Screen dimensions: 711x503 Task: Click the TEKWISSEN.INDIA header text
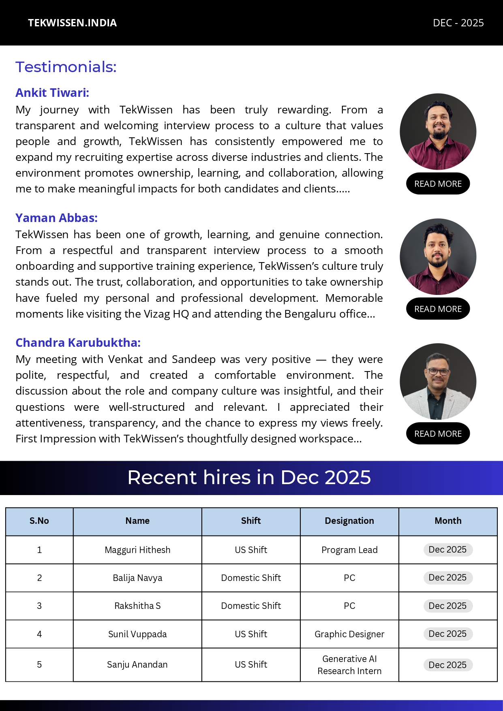pyautogui.click(x=72, y=23)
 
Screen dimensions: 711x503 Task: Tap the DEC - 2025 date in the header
pyautogui.click(x=458, y=23)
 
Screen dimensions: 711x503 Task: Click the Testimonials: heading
pyautogui.click(x=66, y=67)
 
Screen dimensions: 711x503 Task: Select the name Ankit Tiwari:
pyautogui.click(x=52, y=93)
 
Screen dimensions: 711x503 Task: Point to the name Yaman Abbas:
pyautogui.click(x=56, y=218)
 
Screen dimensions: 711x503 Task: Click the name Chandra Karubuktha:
pyautogui.click(x=78, y=343)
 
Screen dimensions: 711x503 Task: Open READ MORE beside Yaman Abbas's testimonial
pyautogui.click(x=438, y=309)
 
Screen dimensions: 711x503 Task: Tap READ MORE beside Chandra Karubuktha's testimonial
pyautogui.click(x=438, y=433)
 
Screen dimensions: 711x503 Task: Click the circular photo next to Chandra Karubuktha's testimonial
pyautogui.click(x=438, y=381)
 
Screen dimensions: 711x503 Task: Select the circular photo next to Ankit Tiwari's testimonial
pyautogui.click(x=438, y=132)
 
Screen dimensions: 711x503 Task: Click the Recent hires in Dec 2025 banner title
pyautogui.click(x=249, y=477)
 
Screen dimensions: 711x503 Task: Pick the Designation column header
pyautogui.click(x=349, y=521)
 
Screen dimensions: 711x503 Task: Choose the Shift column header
pyautogui.click(x=251, y=521)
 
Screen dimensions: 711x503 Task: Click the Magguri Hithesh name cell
pyautogui.click(x=137, y=550)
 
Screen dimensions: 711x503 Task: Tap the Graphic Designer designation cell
pyautogui.click(x=349, y=634)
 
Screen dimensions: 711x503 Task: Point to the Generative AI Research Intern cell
pyautogui.click(x=349, y=665)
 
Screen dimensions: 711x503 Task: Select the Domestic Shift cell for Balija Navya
pyautogui.click(x=251, y=578)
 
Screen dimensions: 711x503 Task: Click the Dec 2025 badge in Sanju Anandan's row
pyautogui.click(x=447, y=665)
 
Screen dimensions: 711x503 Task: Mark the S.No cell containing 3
pyautogui.click(x=39, y=606)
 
